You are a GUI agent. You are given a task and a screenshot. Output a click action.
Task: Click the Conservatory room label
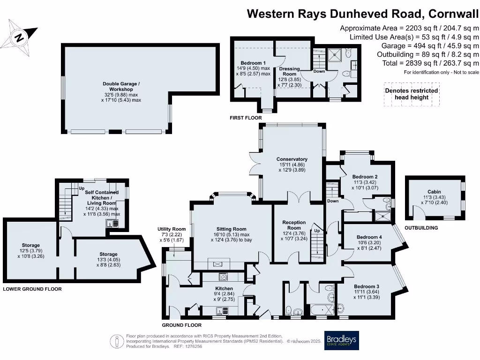click(292, 159)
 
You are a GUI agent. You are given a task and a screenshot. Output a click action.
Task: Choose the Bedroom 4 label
click(369, 237)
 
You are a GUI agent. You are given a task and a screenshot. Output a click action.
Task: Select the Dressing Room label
click(289, 71)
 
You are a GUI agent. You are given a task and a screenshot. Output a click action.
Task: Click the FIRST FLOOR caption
click(246, 118)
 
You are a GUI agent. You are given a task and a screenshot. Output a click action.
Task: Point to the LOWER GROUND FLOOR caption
click(32, 289)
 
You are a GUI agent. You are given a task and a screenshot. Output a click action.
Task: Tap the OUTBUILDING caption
click(421, 228)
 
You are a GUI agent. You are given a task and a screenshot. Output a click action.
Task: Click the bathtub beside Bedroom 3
click(321, 310)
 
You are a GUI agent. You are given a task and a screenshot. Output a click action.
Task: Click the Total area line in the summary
click(430, 63)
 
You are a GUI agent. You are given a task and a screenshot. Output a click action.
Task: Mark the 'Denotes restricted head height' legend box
click(411, 94)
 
